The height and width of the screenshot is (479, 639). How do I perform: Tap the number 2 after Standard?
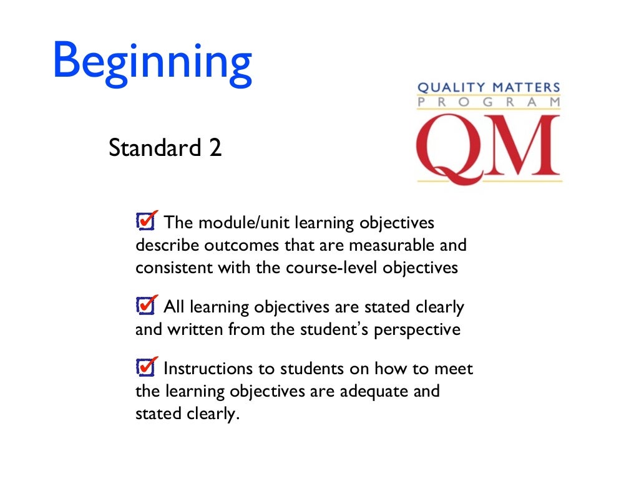point(215,148)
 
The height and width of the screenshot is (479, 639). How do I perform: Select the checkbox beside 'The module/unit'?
point(145,221)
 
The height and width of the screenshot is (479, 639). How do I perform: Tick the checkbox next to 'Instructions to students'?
point(145,367)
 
